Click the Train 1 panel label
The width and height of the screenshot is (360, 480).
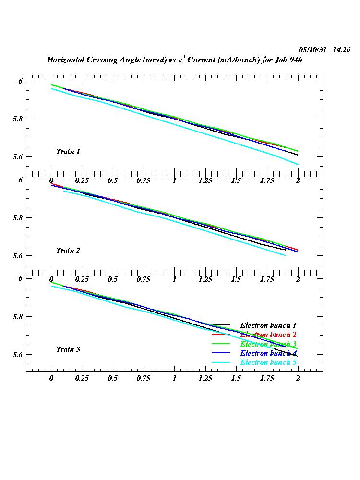[68, 152]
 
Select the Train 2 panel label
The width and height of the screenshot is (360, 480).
[68, 251]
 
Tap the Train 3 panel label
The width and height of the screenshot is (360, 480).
[68, 349]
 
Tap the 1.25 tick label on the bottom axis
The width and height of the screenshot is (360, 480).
[205, 378]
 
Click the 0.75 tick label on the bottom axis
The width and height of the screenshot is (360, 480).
[144, 378]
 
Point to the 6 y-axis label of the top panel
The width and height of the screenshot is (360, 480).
[20, 81]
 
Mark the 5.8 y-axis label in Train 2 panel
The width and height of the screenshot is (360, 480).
[18, 217]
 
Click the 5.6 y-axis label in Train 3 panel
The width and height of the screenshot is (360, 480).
[18, 355]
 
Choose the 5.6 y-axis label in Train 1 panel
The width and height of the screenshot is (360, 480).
[18, 157]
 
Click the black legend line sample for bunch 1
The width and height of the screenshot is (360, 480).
[222, 325]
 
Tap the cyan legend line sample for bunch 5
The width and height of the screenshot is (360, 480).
[222, 362]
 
